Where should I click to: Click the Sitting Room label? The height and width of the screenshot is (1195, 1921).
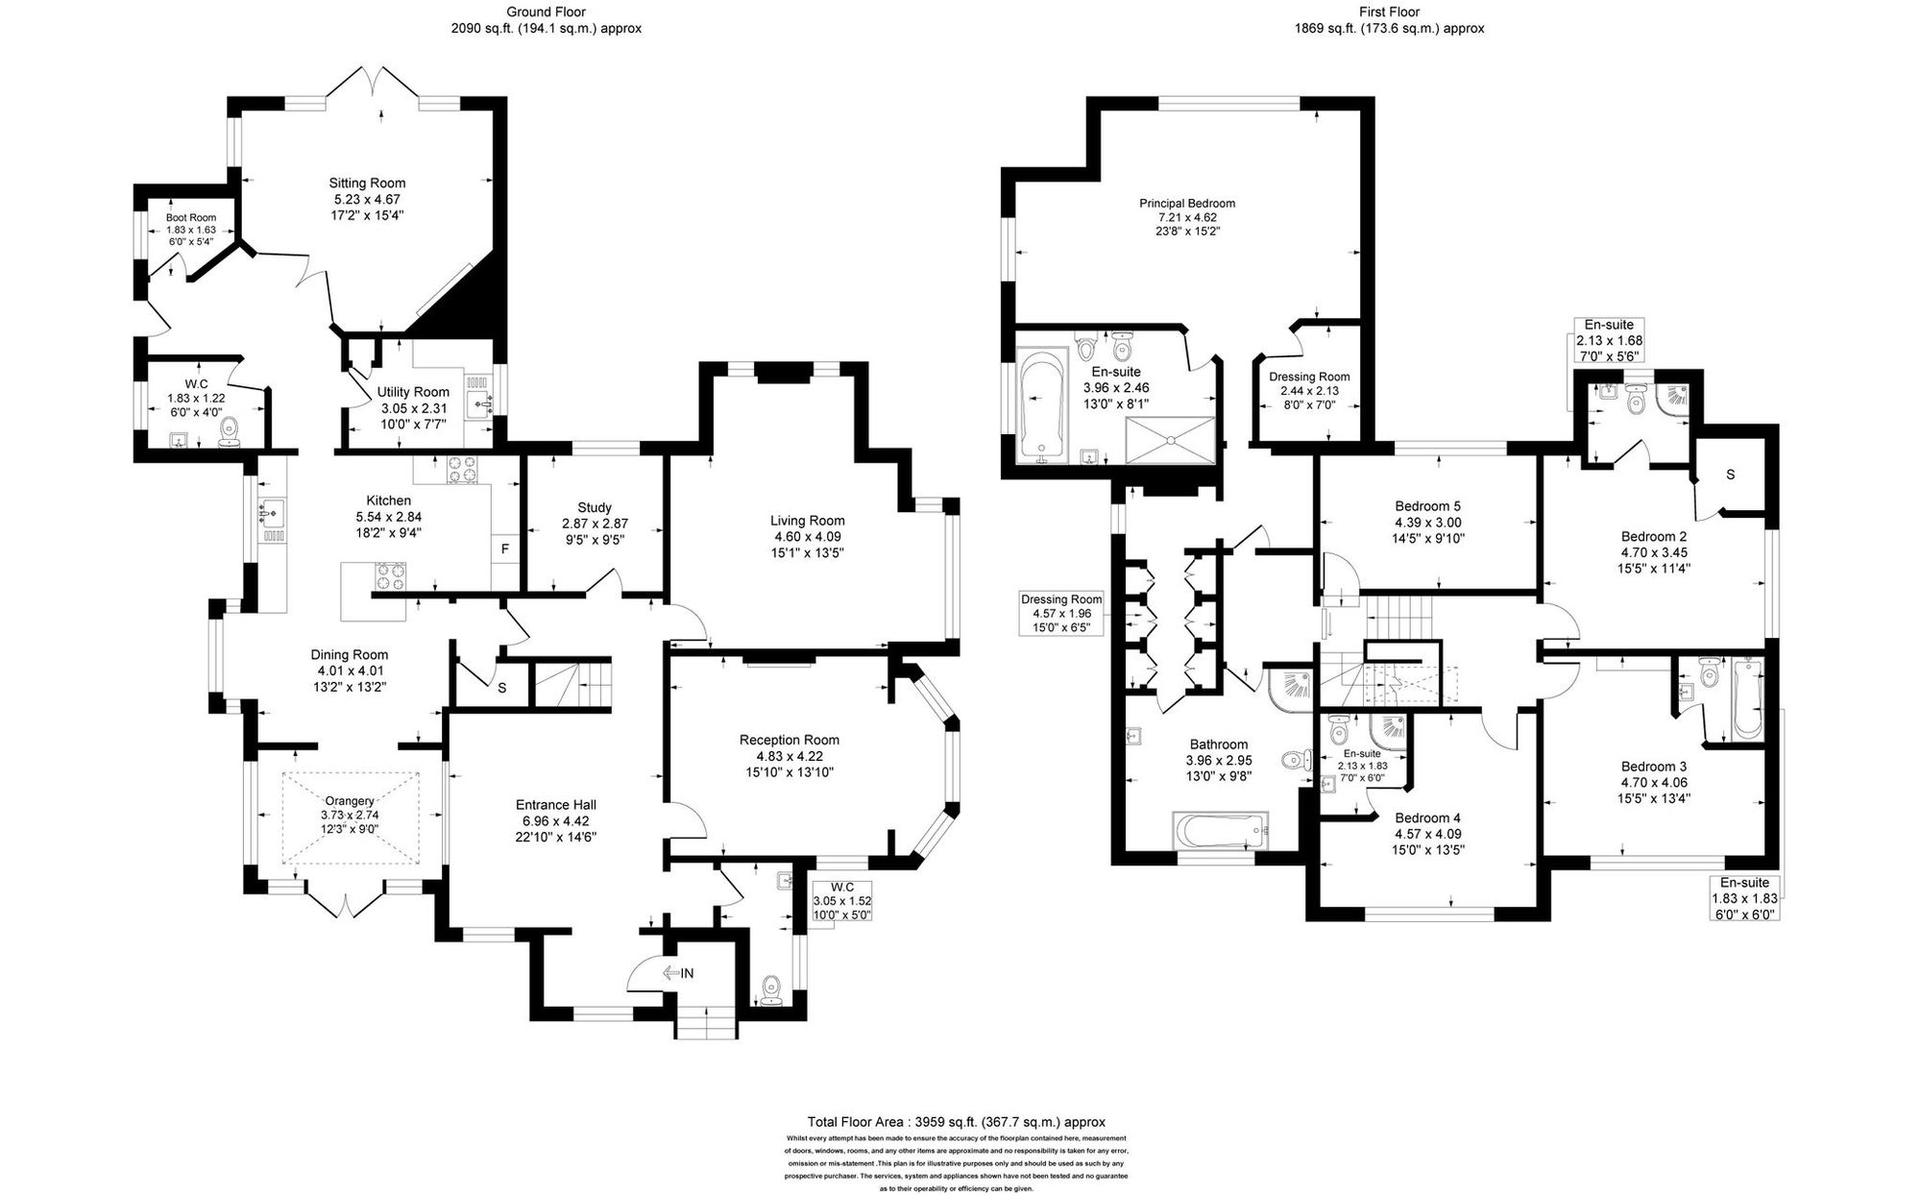click(x=367, y=183)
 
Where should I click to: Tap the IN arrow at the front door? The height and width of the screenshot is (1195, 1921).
click(x=678, y=973)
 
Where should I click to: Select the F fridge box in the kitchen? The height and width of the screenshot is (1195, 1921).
click(x=504, y=549)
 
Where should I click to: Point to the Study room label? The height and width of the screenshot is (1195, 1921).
click(x=595, y=507)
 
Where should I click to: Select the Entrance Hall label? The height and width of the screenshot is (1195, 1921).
click(x=555, y=805)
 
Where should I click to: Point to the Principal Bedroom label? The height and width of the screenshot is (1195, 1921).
click(x=1187, y=203)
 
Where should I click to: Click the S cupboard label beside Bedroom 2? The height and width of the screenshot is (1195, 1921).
click(x=1730, y=475)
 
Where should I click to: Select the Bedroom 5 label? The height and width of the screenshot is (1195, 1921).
click(x=1427, y=506)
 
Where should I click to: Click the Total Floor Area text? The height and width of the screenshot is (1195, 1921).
click(x=956, y=1121)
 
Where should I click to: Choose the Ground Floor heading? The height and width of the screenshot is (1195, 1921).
click(x=546, y=12)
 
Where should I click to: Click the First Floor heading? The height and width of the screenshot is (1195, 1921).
click(x=1389, y=12)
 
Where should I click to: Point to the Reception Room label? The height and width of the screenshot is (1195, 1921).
click(x=789, y=740)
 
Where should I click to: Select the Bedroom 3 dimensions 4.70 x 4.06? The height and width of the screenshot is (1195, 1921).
click(x=1653, y=782)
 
